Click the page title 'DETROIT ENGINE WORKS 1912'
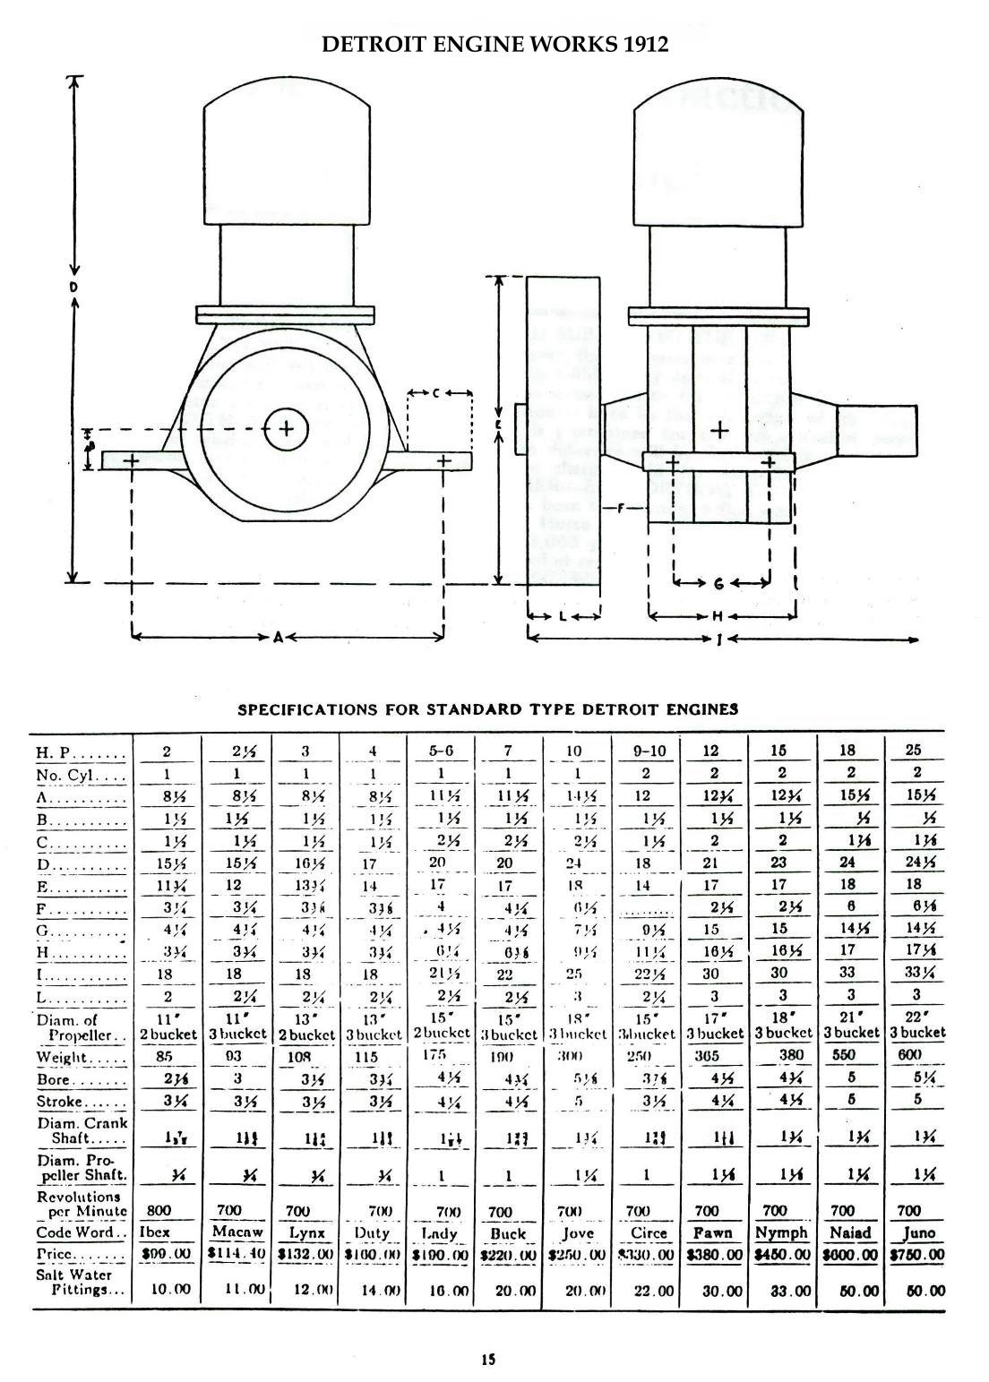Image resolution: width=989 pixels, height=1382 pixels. coord(494,44)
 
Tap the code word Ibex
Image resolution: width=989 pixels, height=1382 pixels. coord(155,1232)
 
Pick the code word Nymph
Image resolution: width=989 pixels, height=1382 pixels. coord(781,1232)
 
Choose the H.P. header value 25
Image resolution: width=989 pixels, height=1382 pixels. coord(914,751)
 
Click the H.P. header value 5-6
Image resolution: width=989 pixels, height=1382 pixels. coord(441,751)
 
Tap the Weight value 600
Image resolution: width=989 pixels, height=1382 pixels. coord(909,1056)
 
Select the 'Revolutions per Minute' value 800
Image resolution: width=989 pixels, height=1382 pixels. coord(158,1210)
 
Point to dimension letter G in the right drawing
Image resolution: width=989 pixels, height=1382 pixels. coord(718,583)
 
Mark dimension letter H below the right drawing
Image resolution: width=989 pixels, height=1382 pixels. coord(718,616)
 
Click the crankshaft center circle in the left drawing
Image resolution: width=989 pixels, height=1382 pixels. coord(286,429)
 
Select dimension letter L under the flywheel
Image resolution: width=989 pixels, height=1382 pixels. coord(562,616)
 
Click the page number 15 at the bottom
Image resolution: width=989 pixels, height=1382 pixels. coord(488,1359)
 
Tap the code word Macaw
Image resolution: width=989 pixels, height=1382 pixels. coord(236,1232)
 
